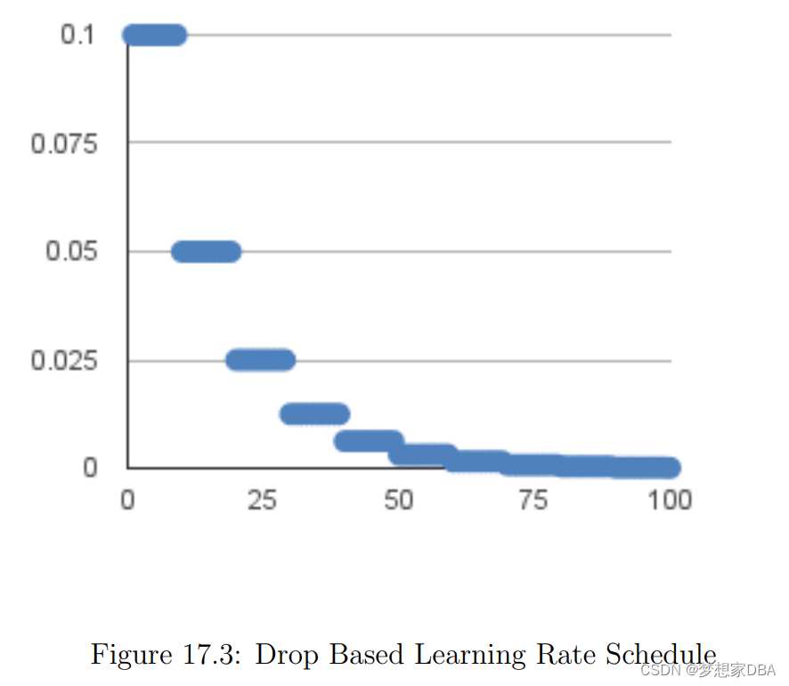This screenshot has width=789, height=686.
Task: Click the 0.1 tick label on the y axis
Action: [x=77, y=36]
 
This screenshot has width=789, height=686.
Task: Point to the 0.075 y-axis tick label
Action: [x=64, y=143]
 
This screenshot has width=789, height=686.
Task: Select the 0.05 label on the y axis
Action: [x=71, y=252]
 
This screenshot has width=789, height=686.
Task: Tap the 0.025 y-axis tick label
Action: [x=64, y=361]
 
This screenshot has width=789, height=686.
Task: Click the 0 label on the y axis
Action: [x=90, y=468]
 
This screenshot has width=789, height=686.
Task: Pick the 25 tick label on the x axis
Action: [x=263, y=501]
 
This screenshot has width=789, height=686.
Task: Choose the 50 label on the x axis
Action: [x=399, y=501]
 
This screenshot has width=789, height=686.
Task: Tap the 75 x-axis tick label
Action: [x=533, y=501]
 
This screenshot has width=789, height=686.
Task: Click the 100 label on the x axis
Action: [x=670, y=501]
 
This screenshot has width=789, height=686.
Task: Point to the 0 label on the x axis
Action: [x=127, y=501]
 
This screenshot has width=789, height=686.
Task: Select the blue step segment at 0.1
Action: [x=155, y=36]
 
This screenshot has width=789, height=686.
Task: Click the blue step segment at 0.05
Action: [x=206, y=252]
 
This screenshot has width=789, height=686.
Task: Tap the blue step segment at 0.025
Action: [x=260, y=360]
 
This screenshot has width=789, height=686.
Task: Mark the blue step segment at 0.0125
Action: [x=314, y=413]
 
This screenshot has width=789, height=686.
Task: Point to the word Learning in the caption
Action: [x=475, y=656]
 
